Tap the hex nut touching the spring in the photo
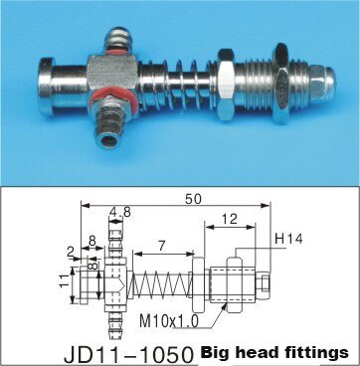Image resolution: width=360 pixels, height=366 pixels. click(225, 83)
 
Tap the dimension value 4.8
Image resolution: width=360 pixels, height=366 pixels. click(119, 211)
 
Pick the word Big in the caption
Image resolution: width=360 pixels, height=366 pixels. click(218, 352)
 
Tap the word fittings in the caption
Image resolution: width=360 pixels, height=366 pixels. click(318, 352)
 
